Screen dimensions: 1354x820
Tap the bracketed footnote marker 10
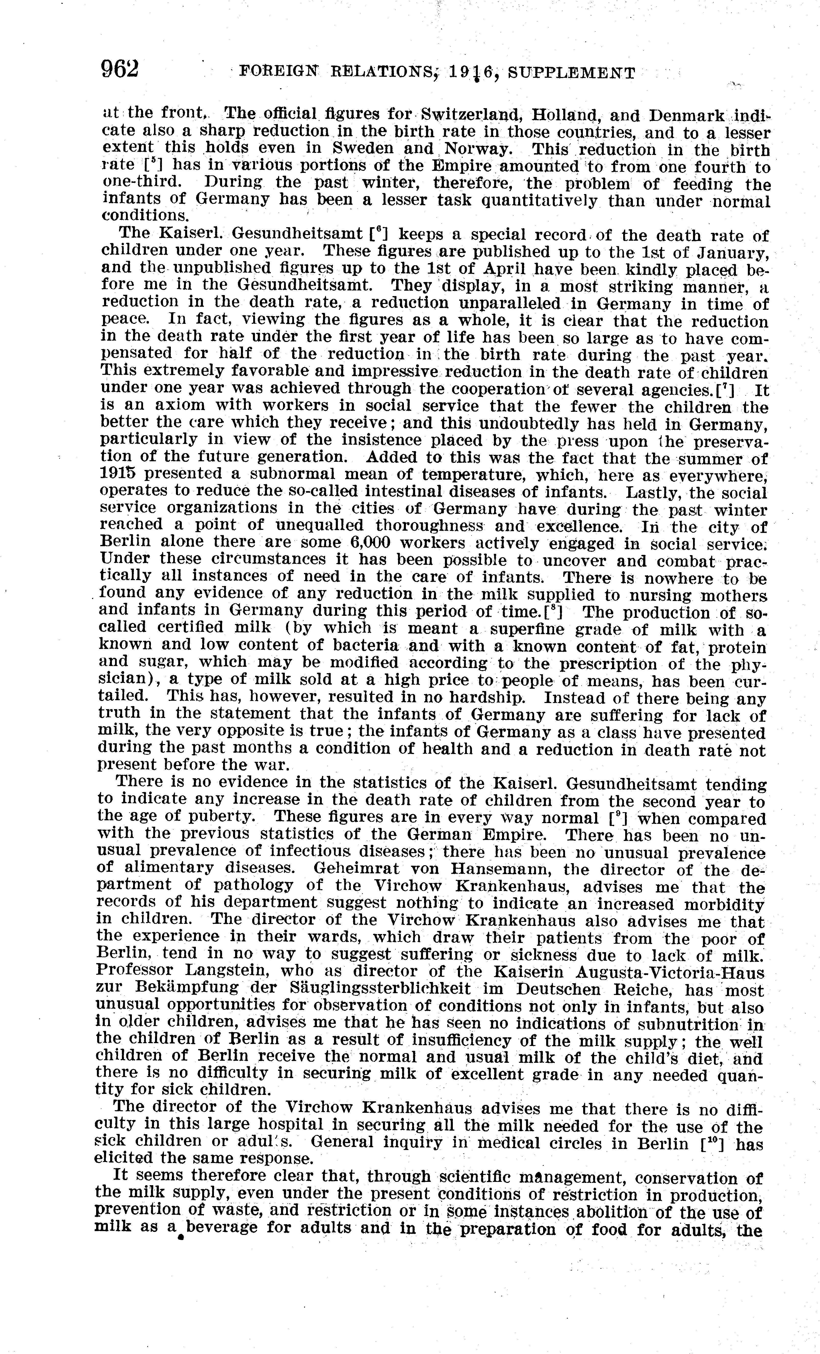tap(714, 1142)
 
